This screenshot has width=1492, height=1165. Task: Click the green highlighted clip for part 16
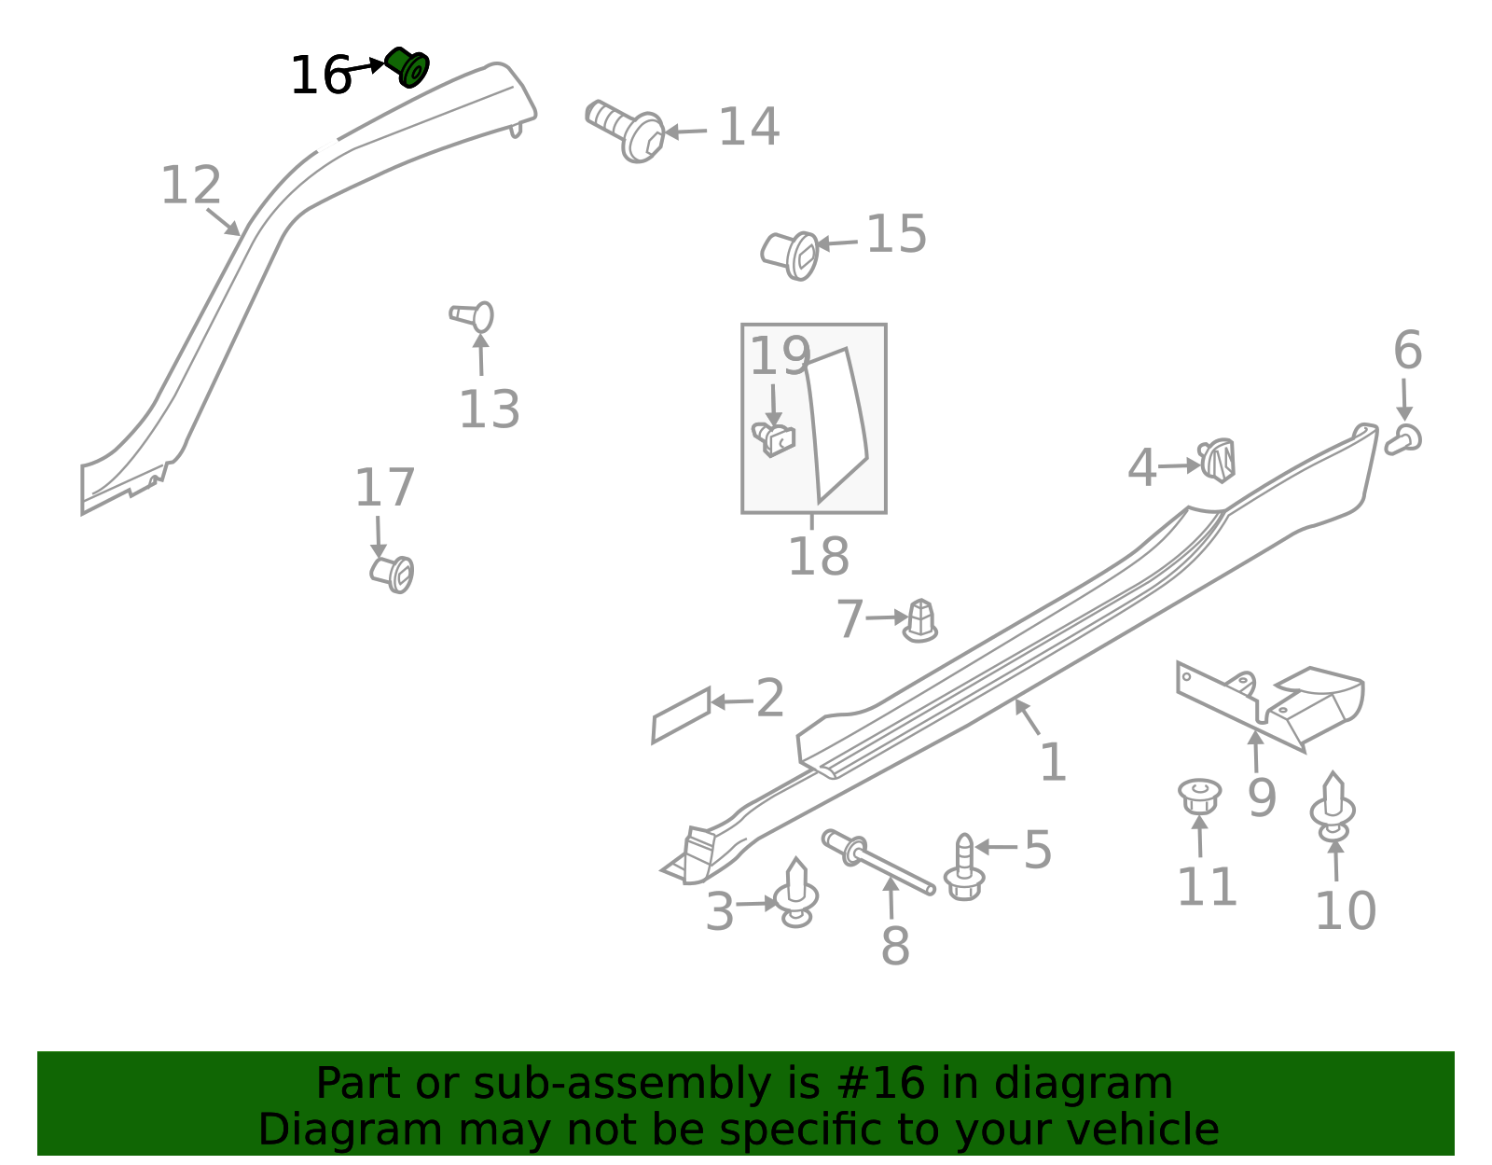pos(408,67)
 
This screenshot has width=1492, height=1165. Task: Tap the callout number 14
pos(749,127)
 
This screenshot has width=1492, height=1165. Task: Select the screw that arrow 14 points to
pos(625,131)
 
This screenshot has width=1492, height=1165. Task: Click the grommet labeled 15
pos(790,256)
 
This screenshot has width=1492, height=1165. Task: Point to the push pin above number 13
pos(472,316)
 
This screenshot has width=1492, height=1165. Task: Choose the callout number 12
pos(191,186)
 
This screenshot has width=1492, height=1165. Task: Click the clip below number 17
pos(392,574)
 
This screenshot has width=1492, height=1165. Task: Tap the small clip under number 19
pos(774,439)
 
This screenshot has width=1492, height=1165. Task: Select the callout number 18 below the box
pos(819,556)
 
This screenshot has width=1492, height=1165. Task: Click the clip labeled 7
pos(920,621)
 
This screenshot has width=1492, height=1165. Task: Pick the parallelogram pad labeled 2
pos(681,715)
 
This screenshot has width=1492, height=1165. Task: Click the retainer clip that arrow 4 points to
pos(1217,460)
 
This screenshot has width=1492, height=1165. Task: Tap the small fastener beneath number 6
pos(1402,439)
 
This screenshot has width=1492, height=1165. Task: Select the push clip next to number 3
pos(796,893)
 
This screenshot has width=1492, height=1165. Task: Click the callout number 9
pos(1262,797)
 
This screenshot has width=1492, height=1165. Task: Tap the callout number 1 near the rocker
pos(1053,762)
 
